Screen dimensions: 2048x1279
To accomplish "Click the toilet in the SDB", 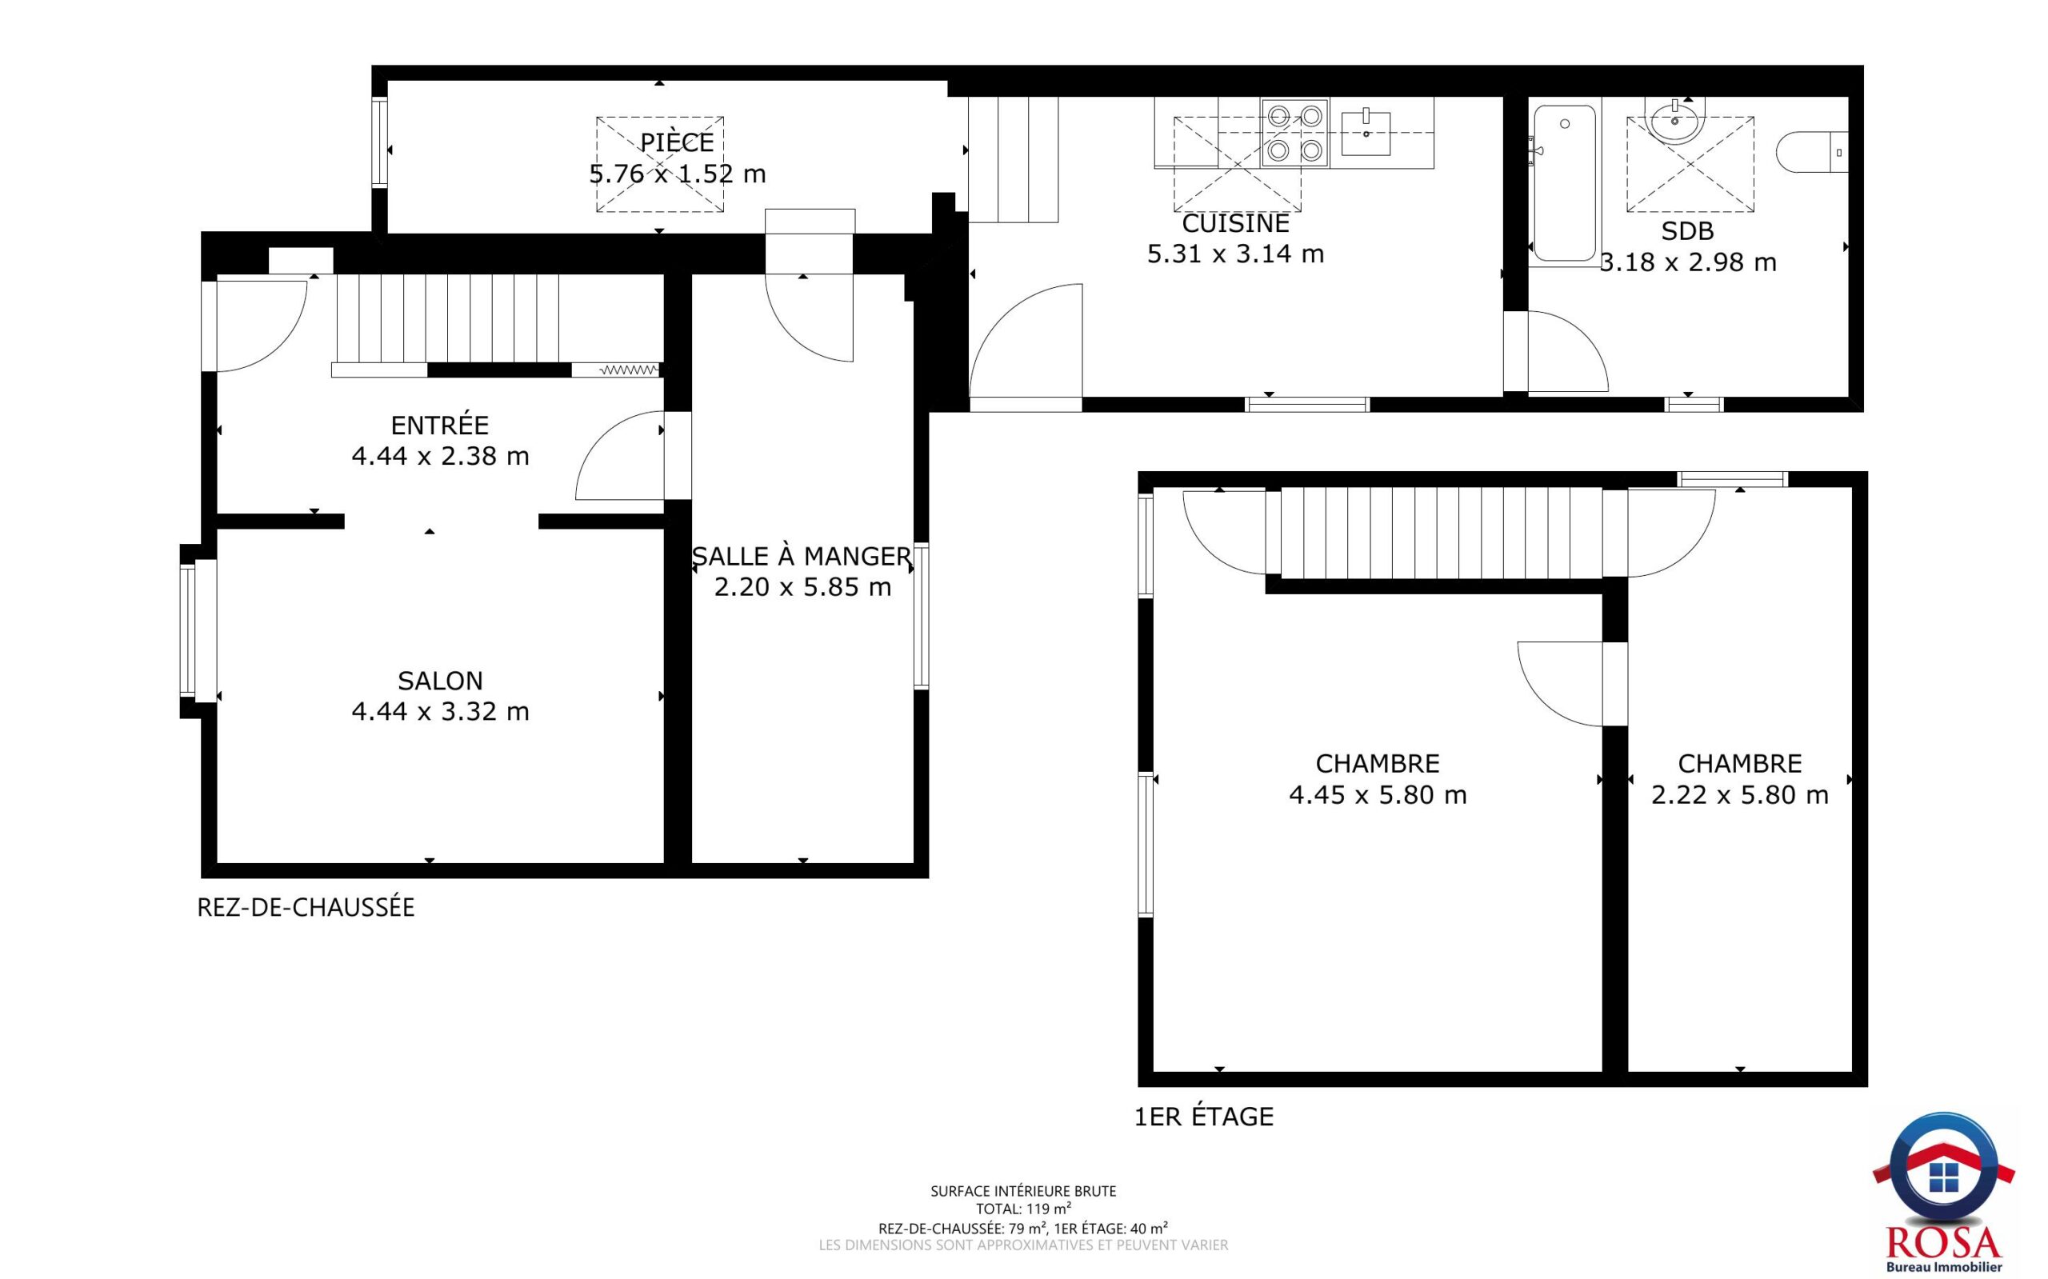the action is click(x=1811, y=152).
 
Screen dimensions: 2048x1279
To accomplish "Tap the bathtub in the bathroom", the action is click(x=1564, y=182).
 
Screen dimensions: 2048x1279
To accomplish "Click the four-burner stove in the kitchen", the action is click(x=1294, y=133).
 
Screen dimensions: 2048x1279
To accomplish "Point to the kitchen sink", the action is click(x=1366, y=132).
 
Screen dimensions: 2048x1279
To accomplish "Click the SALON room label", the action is click(x=440, y=680).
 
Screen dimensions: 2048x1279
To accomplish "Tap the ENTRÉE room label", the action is click(x=440, y=424).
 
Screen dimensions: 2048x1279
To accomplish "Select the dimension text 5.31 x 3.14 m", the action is click(x=1235, y=254).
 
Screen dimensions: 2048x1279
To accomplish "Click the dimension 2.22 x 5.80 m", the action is click(x=1739, y=795).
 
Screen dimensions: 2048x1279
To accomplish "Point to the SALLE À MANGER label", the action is click(x=802, y=556).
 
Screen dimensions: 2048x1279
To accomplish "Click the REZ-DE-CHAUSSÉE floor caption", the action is click(x=306, y=908).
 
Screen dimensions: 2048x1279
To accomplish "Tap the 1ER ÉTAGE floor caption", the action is click(x=1203, y=1117).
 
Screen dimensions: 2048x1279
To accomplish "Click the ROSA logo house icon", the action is click(x=1942, y=1177).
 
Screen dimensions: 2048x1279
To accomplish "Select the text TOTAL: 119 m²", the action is click(x=1023, y=1209).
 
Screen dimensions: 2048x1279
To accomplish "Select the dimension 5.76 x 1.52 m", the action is click(x=678, y=174).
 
